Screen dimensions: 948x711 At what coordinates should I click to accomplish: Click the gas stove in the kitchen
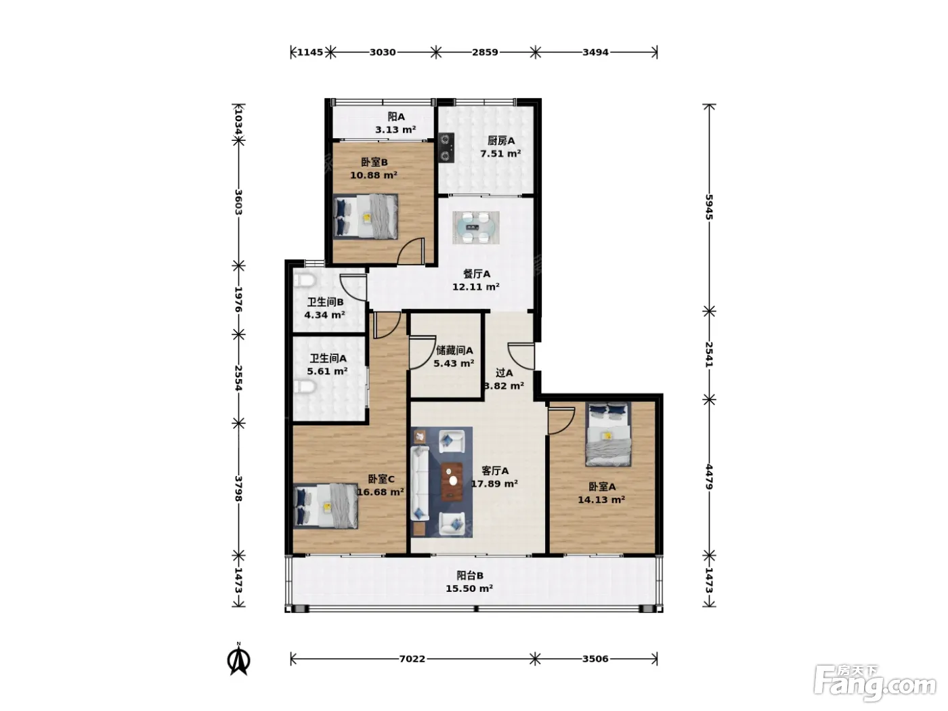446,147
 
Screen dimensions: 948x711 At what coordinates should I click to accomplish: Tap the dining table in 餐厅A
475,227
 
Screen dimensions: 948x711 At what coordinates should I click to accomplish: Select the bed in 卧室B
366,216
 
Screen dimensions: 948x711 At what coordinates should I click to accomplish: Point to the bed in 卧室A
607,434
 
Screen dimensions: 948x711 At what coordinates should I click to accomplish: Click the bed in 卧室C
326,506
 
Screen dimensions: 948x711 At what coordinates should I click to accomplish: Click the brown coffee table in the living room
452,481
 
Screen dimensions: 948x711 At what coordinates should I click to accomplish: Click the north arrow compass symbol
238,659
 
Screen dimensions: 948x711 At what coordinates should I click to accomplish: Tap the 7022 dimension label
412,659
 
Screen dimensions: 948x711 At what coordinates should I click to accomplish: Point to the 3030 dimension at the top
383,52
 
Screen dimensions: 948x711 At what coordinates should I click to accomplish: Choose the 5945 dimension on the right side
709,207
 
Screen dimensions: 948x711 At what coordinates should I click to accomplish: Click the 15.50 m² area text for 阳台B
469,588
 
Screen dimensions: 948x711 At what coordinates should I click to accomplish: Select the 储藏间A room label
454,350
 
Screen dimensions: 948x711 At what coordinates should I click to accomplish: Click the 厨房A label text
501,141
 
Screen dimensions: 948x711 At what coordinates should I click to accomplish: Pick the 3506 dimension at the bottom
595,659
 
